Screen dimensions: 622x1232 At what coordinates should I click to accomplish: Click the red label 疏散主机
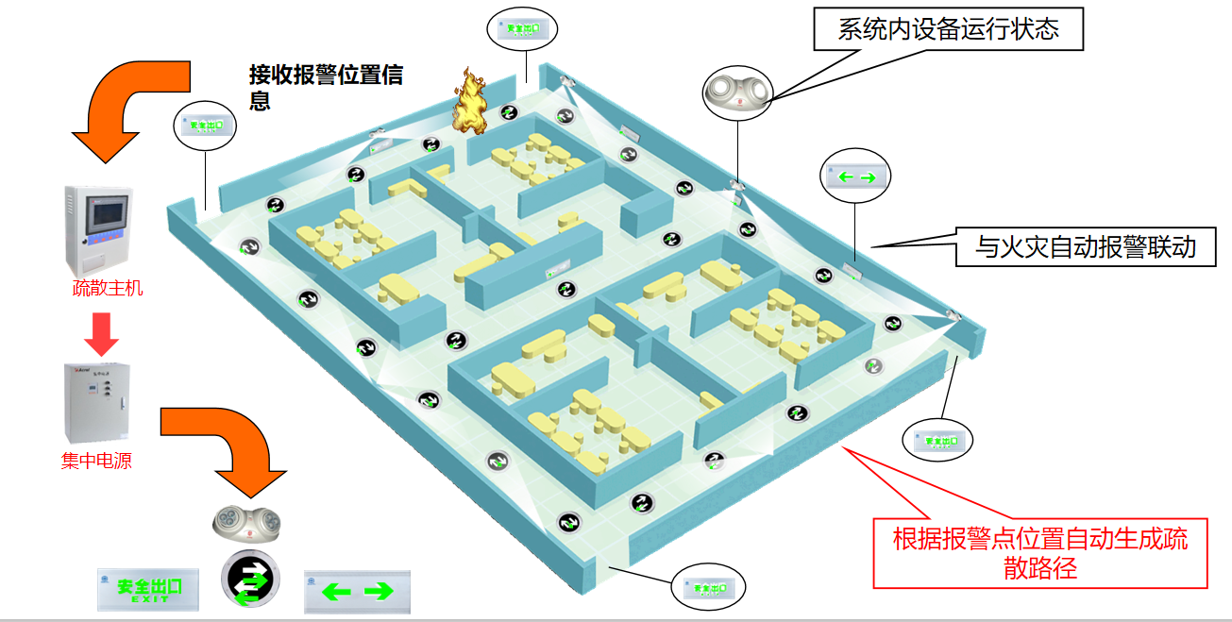[109, 288]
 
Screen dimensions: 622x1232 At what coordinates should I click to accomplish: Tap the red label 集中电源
[96, 462]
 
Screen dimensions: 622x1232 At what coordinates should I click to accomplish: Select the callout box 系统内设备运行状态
[948, 29]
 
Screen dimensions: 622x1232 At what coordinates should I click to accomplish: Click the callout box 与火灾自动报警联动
[1086, 247]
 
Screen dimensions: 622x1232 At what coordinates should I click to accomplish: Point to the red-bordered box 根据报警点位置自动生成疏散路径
[1040, 554]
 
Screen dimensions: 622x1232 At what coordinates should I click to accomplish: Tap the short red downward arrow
[102, 333]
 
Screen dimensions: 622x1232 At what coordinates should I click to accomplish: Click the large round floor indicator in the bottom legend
[251, 579]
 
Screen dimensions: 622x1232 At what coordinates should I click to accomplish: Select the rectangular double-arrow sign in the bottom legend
[358, 591]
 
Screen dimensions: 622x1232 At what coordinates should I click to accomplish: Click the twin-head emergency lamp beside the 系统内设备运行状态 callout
[738, 92]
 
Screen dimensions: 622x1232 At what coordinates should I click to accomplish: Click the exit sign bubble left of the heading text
[205, 125]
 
